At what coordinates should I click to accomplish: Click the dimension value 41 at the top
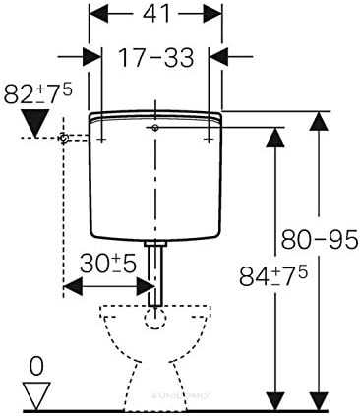[156, 14]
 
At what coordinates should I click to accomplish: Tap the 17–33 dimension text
[156, 58]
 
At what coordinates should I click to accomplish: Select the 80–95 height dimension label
[320, 239]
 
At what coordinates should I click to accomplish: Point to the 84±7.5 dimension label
[272, 276]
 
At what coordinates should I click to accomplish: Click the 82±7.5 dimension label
[37, 93]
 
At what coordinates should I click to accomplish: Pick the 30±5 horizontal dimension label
[108, 264]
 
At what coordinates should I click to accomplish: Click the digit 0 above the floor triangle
[36, 367]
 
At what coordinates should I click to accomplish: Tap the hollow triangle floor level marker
[36, 395]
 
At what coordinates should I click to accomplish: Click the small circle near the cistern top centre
[155, 128]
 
